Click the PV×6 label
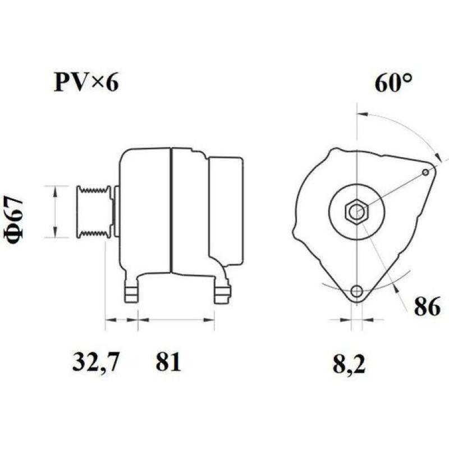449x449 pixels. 86,83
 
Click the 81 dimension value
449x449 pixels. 168,362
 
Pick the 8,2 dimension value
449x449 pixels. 349,365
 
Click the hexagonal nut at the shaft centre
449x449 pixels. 355,212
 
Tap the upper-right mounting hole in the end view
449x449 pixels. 425,172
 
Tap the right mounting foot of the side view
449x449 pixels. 223,292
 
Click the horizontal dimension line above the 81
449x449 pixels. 177,320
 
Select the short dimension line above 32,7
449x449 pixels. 122,320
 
